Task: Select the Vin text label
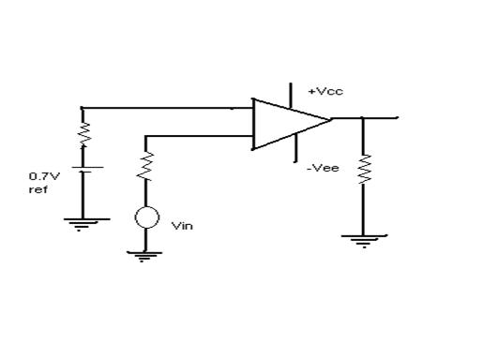coord(181,225)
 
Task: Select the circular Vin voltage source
coord(145,218)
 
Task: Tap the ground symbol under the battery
coord(83,223)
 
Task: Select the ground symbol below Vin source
coord(143,254)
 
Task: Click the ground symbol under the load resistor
coord(363,240)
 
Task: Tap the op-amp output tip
coord(330,119)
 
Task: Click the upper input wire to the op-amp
coord(159,108)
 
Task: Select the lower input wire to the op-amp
coord(197,136)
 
